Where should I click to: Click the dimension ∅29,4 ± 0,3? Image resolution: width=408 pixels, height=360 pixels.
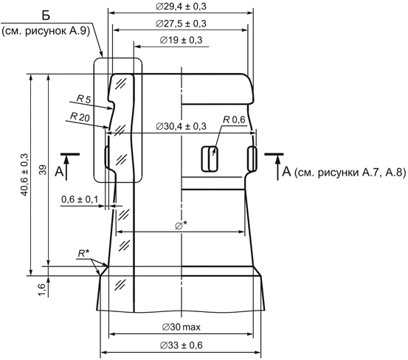click(181, 6)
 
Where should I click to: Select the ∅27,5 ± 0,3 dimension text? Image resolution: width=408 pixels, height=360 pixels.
click(181, 24)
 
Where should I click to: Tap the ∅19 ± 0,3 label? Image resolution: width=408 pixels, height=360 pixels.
click(181, 40)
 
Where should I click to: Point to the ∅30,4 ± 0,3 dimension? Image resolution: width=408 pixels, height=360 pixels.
click(181, 126)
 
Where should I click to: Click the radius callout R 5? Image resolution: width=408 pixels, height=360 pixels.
click(83, 99)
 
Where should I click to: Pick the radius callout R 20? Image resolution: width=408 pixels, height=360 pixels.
click(80, 117)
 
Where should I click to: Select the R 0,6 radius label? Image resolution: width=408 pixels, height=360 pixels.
click(234, 120)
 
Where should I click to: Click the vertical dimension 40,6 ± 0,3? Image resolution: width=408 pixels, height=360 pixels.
click(24, 175)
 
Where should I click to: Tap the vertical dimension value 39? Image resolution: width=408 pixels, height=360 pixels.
click(44, 170)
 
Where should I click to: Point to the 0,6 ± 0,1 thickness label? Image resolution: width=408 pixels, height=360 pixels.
click(80, 199)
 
